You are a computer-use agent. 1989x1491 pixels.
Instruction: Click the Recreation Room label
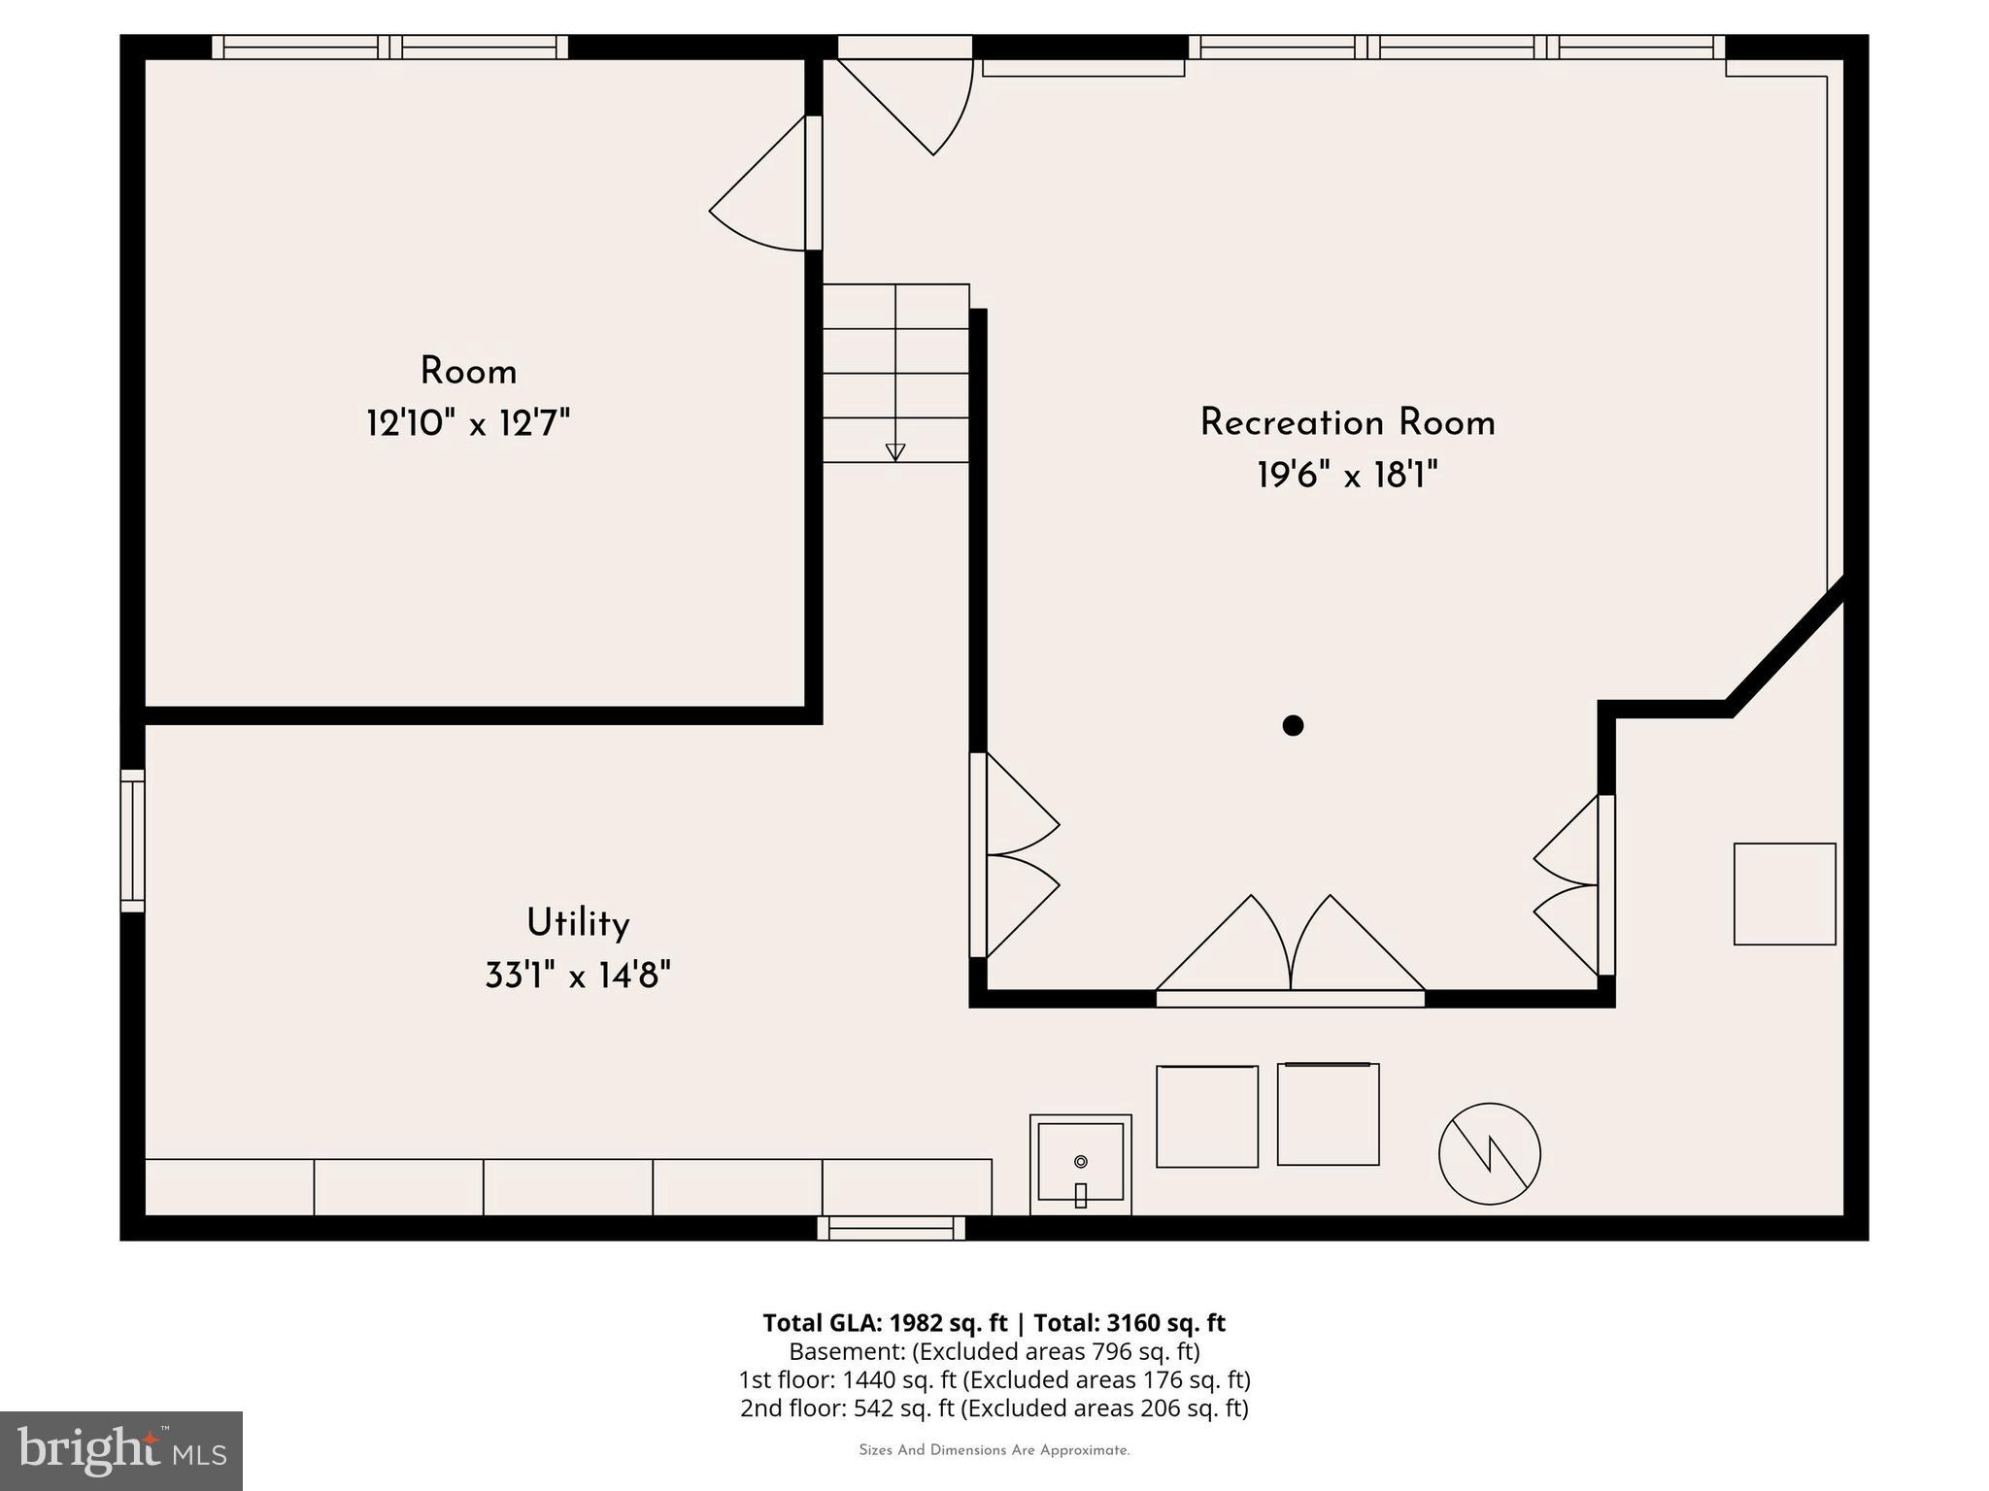[x=1347, y=423]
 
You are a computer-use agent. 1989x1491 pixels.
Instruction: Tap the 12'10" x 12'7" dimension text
[x=467, y=424]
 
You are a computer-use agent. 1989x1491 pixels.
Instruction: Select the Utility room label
[x=578, y=923]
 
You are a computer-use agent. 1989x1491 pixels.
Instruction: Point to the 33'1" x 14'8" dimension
[x=578, y=975]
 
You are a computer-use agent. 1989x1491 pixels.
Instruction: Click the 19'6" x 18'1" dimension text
[x=1347, y=476]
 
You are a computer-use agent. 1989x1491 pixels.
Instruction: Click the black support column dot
[x=1293, y=725]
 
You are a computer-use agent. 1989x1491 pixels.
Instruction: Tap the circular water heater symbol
[x=1489, y=1154]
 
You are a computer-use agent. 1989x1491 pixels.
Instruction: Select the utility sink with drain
[x=1080, y=1164]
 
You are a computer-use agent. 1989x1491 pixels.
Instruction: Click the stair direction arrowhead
[x=895, y=452]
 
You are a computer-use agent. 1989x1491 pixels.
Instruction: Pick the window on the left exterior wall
[x=133, y=841]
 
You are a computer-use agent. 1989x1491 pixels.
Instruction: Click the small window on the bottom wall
[x=892, y=1228]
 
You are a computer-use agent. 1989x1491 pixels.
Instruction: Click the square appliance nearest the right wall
[x=1784, y=894]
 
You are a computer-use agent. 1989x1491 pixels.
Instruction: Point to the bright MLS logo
[x=121, y=1450]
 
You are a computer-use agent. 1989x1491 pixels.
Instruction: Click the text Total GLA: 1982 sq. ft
[x=885, y=1323]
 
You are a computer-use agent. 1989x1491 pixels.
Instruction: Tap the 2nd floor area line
[x=994, y=1408]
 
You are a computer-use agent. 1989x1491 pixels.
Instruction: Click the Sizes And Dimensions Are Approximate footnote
[x=994, y=1450]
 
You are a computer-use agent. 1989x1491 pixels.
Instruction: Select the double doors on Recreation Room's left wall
[x=1015, y=855]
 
